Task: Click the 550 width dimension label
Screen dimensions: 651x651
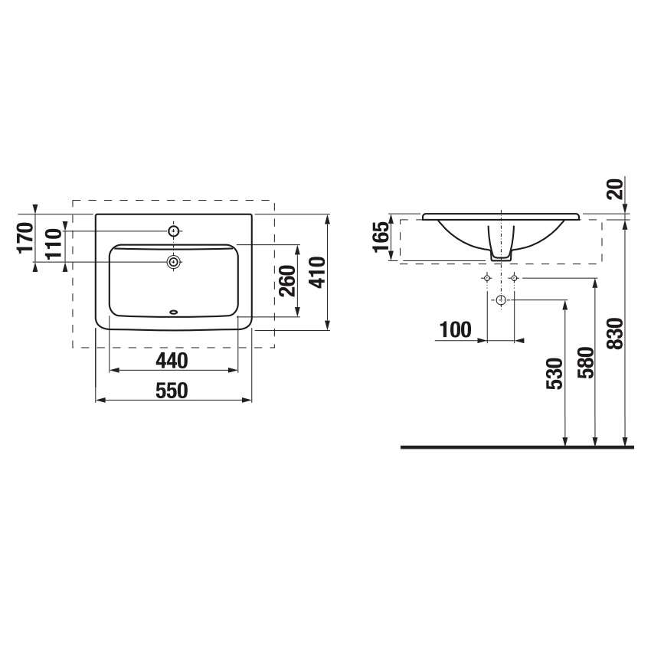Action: pos(172,391)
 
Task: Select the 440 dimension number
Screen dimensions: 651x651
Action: pos(172,361)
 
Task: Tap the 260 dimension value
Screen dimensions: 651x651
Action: pos(288,280)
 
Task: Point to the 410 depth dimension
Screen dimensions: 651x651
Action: pos(317,273)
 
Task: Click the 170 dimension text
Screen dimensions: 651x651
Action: pos(25,237)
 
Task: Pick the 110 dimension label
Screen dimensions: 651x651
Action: pos(54,244)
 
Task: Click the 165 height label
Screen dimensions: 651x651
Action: pos(381,237)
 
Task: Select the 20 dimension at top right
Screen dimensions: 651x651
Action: pos(616,189)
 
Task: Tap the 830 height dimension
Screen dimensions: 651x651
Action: pos(616,333)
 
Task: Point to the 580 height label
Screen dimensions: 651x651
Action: pos(586,362)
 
